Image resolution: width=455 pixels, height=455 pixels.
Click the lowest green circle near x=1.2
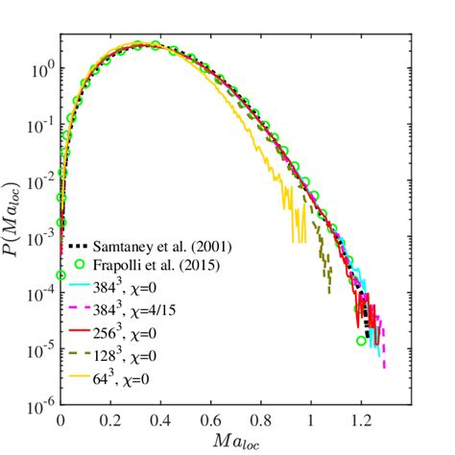point(361,340)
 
